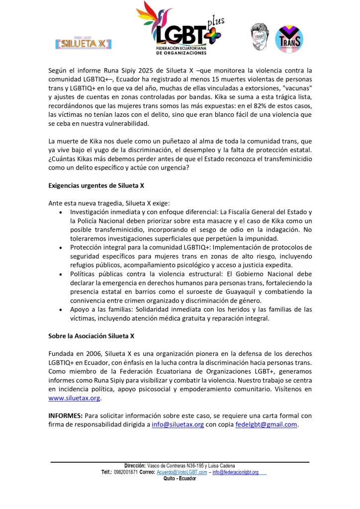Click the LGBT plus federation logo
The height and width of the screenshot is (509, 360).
180,28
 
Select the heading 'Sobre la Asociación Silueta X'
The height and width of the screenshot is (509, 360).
91,336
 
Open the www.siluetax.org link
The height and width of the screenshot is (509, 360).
75,398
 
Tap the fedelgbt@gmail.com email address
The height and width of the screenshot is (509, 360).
266,424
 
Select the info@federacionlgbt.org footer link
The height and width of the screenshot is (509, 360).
236,472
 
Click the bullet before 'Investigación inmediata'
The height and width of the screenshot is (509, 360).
60,212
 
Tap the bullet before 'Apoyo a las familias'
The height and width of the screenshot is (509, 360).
60,309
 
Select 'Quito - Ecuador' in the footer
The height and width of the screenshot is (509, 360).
180,478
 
